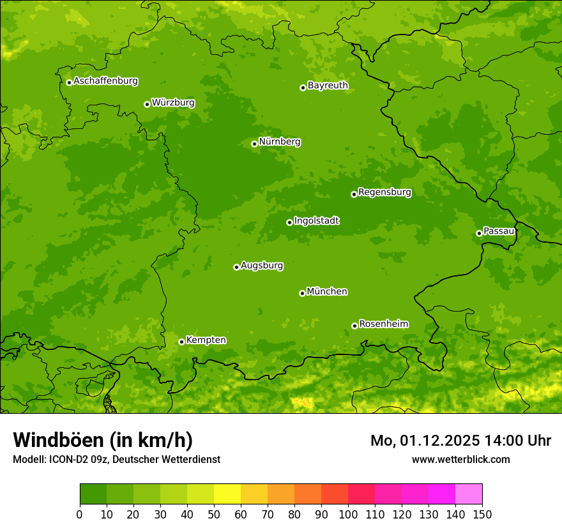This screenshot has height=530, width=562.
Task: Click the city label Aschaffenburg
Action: click(105, 81)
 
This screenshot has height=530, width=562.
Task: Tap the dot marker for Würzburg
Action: click(147, 104)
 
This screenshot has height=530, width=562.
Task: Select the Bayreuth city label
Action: click(328, 86)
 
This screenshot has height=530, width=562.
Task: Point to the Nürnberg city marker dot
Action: click(254, 144)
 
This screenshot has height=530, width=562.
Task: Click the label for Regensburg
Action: click(384, 192)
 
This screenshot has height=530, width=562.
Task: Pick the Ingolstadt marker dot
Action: click(289, 222)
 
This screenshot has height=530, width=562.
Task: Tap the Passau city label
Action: click(499, 231)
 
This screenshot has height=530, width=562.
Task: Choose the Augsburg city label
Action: click(262, 266)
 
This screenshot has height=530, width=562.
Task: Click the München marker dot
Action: click(302, 293)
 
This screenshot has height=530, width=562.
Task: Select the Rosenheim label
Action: click(383, 324)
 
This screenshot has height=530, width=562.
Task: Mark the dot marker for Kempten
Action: click(181, 342)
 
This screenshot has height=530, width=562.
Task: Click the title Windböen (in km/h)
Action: click(102, 440)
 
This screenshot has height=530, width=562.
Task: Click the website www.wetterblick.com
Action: click(460, 459)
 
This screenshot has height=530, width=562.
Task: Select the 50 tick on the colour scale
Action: click(214, 514)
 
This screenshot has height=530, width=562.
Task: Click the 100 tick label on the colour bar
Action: click(348, 514)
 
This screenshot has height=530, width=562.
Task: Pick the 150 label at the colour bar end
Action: click(482, 514)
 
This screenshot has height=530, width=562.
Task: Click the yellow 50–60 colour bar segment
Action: click(227, 494)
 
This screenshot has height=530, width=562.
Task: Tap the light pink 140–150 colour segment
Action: click(469, 494)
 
